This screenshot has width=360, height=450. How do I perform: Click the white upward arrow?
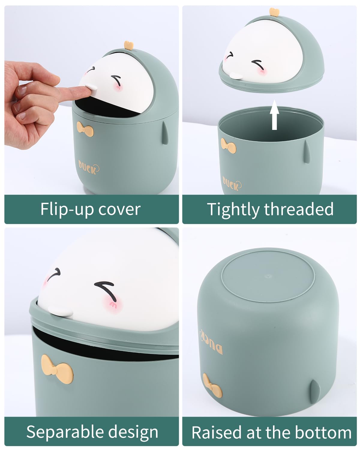coord(274,115)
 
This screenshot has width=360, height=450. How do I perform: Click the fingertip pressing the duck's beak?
coord(85,90)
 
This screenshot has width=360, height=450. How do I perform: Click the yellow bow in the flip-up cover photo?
coord(85,129)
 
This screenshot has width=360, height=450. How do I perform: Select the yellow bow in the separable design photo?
coord(57,369)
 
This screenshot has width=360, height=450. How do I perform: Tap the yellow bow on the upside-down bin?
coord(212,386)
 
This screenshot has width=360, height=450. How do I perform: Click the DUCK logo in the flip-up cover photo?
coord(89,167)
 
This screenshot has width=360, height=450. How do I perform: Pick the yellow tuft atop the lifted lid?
coord(275,12)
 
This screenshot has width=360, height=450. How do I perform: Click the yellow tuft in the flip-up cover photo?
coord(129,45)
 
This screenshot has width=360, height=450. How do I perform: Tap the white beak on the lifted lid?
coord(235,76)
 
